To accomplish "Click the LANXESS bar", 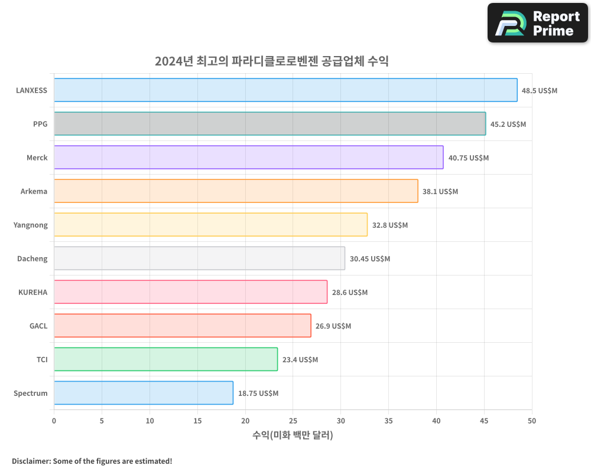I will coord(285,90).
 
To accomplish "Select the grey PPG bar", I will coord(269,124).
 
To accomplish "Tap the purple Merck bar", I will coord(248,158).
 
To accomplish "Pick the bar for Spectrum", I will coord(143,393).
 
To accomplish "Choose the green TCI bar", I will coord(165,359).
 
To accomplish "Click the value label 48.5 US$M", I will coord(539,91).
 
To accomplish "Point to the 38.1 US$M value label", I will coord(440,192).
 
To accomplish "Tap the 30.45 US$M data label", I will coord(369,259).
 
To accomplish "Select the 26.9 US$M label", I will coord(333,326).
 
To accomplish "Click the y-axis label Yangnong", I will coord(30,225).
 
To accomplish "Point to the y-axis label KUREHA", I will coord(33,292).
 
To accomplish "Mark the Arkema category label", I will coord(34,191).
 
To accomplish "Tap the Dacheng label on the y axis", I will coord(33,258).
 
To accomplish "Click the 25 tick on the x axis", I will coord(293,421).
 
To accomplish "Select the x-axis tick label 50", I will coord(532,421).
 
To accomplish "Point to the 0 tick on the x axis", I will coord(54,421).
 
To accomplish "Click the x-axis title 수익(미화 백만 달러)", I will coord(293,435).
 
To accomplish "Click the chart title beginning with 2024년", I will coord(271,61).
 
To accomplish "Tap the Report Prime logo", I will coord(537,23).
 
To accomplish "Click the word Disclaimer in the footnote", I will coord(31,461).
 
